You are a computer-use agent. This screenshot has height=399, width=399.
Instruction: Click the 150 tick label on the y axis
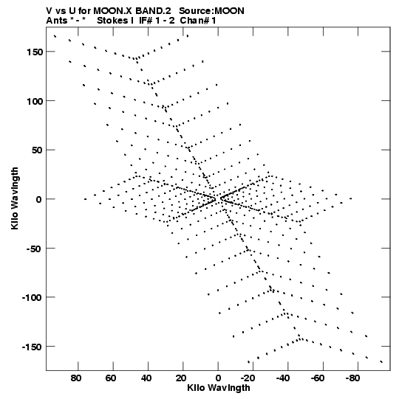point(35,52)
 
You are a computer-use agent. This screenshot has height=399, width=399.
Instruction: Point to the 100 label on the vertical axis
point(35,101)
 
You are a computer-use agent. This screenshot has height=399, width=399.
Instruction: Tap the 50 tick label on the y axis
point(37,150)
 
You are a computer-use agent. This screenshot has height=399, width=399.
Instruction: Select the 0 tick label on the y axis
point(39,199)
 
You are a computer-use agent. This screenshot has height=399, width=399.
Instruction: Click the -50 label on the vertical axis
point(34,249)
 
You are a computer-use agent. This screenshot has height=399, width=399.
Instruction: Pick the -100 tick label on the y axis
point(32,298)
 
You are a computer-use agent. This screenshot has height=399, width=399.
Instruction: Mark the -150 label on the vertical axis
point(32,347)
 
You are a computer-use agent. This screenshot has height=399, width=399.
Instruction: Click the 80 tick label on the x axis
point(76,378)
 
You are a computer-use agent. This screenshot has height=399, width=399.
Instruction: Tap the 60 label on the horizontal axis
point(111,378)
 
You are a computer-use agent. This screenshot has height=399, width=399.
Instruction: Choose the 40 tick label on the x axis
point(146,378)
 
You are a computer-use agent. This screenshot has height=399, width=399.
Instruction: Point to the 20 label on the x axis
point(181,378)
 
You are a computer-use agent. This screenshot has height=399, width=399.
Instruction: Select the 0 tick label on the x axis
point(218,378)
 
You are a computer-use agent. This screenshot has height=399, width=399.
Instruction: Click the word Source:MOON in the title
point(211,11)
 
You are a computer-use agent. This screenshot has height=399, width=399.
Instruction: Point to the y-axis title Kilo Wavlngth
point(15,198)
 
